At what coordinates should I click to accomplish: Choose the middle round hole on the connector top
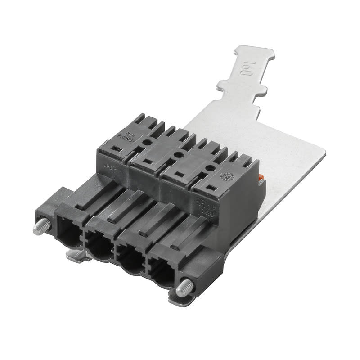tap(176, 155)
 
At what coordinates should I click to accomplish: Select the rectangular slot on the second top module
tap(145, 161)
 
